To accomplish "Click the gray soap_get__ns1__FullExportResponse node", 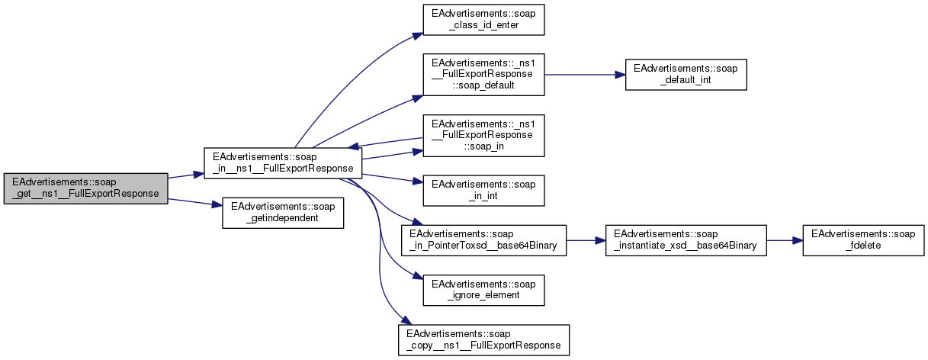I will click(x=85, y=187).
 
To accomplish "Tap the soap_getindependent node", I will click(x=282, y=213).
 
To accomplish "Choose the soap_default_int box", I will click(x=686, y=74).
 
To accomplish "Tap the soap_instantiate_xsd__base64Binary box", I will click(x=685, y=240).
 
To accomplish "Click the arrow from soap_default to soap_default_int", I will click(x=584, y=75).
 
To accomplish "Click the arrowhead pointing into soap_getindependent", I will click(x=217, y=205).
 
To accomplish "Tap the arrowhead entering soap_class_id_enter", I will click(x=418, y=34).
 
